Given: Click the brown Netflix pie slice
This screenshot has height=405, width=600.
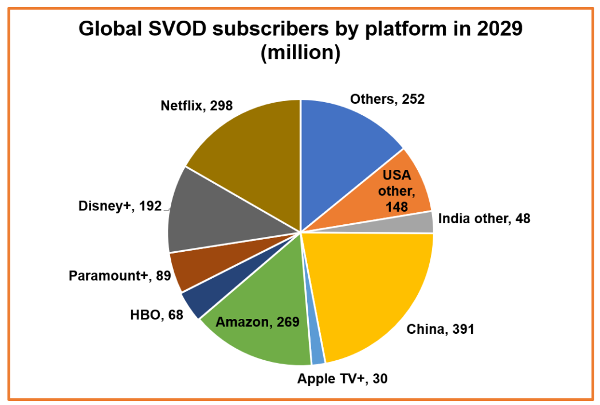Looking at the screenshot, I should [x=252, y=149].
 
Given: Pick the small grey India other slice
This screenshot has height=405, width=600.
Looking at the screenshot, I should [x=424, y=223].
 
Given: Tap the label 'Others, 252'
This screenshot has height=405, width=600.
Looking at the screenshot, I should [x=387, y=99].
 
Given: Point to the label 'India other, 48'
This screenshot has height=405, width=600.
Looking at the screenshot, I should [x=484, y=219].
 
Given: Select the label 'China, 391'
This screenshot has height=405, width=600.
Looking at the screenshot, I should [x=440, y=329].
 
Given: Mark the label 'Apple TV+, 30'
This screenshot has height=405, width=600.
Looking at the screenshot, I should [x=342, y=379].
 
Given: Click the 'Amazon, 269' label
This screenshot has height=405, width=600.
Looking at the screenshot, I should [x=257, y=322].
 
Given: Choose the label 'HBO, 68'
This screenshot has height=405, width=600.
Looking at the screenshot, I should [x=154, y=315].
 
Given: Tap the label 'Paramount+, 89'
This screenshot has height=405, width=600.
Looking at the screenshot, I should [x=119, y=276].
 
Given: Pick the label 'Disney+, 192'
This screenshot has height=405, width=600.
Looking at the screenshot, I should [x=120, y=206].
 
